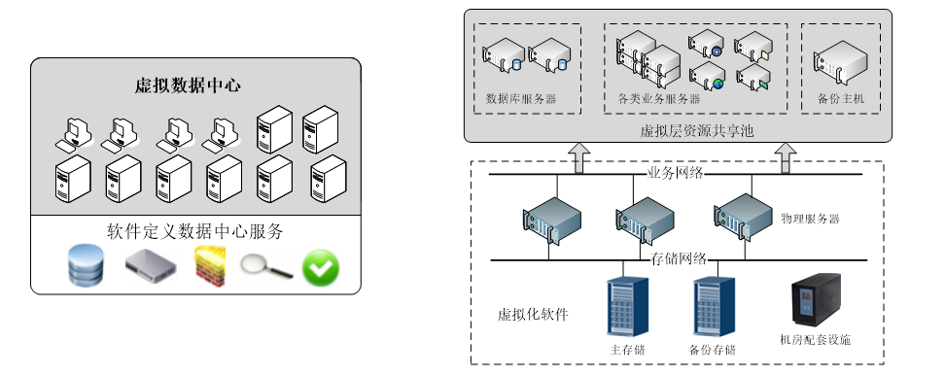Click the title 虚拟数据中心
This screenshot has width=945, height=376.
[188, 85]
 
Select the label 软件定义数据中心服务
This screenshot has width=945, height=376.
[195, 231]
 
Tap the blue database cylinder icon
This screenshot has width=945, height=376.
[86, 264]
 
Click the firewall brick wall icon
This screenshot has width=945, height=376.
[210, 266]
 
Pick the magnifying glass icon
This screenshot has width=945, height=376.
[266, 266]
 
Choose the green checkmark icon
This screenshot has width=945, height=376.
[321, 267]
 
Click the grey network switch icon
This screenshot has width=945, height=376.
[151, 266]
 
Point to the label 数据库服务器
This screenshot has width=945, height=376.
[521, 99]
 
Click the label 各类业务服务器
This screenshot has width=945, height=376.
[659, 99]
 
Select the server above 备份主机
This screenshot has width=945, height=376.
[840, 61]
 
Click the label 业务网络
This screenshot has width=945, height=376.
[675, 174]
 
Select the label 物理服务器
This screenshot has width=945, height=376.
[810, 219]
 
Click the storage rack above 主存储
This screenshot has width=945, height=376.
[627, 306]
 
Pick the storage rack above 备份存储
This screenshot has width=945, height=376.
[715, 306]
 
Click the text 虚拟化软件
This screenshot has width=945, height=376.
[533, 315]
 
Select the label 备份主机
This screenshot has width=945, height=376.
[841, 99]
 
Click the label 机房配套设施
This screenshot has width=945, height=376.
[816, 340]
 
